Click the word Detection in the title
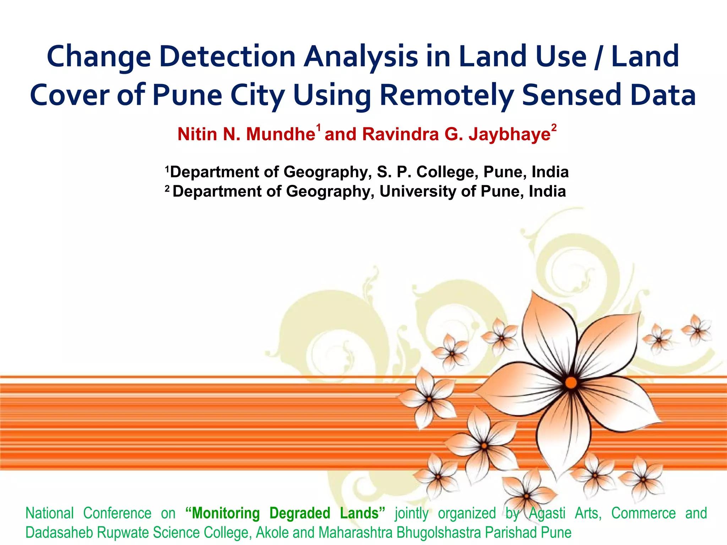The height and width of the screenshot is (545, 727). pyautogui.click(x=227, y=57)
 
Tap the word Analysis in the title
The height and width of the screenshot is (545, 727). pyautogui.click(x=361, y=57)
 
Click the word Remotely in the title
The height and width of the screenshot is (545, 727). pyautogui.click(x=447, y=95)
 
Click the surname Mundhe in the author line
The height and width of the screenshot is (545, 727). pyautogui.click(x=280, y=134)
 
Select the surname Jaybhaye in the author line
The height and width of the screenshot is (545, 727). pyautogui.click(x=509, y=134)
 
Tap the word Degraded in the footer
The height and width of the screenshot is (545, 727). pyautogui.click(x=300, y=513)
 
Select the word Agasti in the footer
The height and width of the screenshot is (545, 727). pyautogui.click(x=547, y=513)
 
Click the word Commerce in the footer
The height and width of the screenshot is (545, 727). pyautogui.click(x=643, y=513)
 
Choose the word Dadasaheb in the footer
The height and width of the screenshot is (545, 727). pyautogui.click(x=59, y=533)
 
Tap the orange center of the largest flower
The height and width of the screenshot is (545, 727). pyautogui.click(x=571, y=383)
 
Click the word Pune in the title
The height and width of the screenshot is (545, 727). pyautogui.click(x=187, y=95)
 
